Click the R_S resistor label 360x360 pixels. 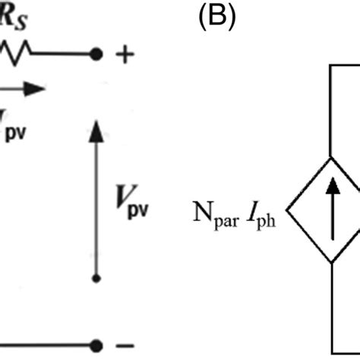pos(14,16)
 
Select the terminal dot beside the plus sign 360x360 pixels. pos(95,55)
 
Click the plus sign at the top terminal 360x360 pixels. pos(126,55)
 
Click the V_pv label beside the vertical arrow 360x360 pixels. pos(131,206)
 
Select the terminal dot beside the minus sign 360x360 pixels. pos(95,345)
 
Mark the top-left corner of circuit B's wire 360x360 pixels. pos(332,68)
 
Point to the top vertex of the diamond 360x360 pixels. pos(332,156)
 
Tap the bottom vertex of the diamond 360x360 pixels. pos(332,263)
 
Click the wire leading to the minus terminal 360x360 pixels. pos(46,345)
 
